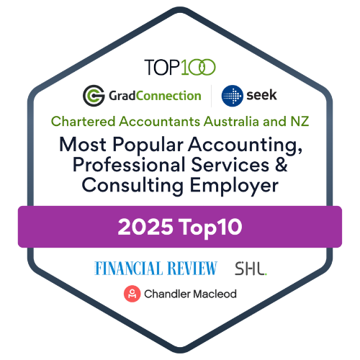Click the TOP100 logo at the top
tap(180, 67)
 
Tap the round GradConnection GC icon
tap(94, 96)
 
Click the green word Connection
tap(168, 96)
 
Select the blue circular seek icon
tap(232, 96)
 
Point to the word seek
tap(261, 95)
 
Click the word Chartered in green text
tap(84, 121)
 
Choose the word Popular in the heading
tap(148, 145)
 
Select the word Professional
tap(129, 165)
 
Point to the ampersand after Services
tap(282, 164)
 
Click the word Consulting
tap(132, 186)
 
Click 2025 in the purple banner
tap(145, 227)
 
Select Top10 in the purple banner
tap(211, 228)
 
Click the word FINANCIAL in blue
tap(128, 268)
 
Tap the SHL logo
tap(251, 269)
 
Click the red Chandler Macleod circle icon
tap(132, 294)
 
